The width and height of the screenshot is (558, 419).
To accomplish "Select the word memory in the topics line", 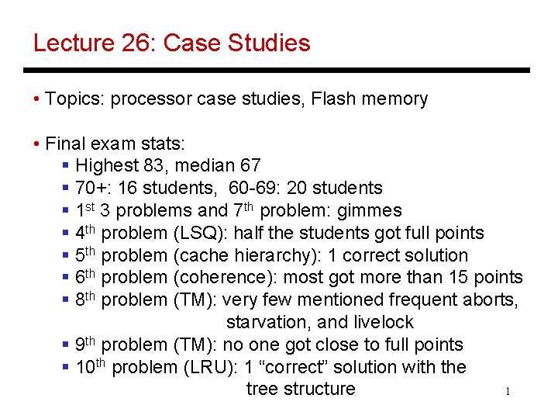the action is pyautogui.click(x=396, y=99).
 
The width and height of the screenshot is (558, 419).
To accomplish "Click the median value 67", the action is pyautogui.click(x=250, y=165).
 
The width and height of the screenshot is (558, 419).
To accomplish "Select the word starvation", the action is pyautogui.click(x=264, y=322).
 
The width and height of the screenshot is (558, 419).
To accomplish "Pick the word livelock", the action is pyautogui.click(x=381, y=322).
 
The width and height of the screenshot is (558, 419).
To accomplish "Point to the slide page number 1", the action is pyautogui.click(x=508, y=393).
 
